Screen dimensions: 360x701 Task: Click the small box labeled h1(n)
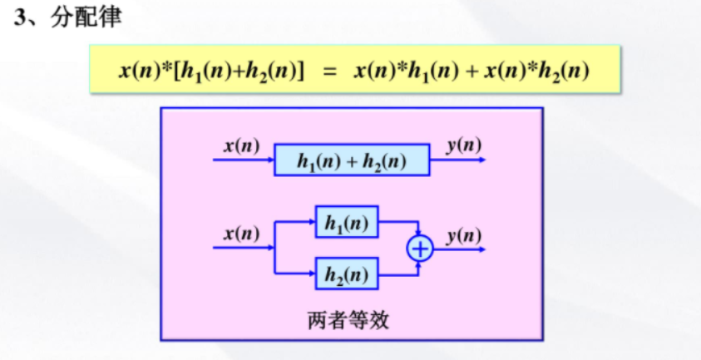coord(347,222)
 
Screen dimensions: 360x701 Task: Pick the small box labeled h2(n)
coord(347,273)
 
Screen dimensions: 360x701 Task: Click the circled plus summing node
coord(421,248)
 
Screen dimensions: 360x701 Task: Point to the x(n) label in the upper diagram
coord(241,146)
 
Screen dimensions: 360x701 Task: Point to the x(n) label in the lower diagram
coord(241,234)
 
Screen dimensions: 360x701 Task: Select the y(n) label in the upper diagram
coord(463,146)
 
